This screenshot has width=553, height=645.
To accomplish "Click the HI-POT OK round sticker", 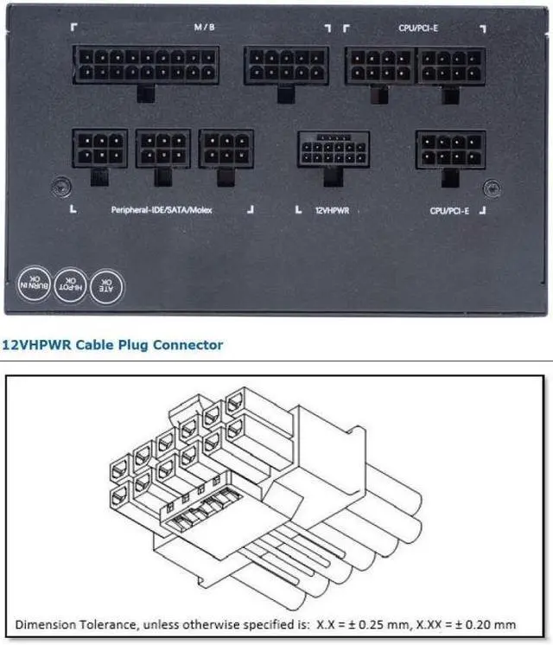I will (70, 283).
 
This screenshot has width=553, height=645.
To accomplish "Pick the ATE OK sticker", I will (108, 283).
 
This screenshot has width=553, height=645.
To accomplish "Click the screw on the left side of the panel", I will (57, 185).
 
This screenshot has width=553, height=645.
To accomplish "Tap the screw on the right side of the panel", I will (492, 186).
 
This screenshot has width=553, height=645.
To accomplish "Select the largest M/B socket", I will (147, 65).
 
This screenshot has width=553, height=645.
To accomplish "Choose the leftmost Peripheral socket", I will (99, 149).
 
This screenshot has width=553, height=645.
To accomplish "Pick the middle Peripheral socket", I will (162, 149).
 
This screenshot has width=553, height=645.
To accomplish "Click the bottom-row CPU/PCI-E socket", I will (450, 150).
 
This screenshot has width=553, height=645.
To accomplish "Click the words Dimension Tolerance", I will (71, 624).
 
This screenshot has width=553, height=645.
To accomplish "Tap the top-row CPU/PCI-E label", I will (417, 27).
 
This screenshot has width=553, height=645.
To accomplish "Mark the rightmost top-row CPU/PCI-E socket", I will (450, 65).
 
